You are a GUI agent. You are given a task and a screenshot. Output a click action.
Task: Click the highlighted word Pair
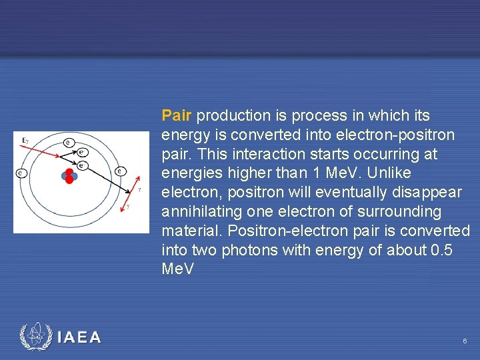177,116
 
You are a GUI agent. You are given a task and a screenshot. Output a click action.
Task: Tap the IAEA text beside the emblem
79,338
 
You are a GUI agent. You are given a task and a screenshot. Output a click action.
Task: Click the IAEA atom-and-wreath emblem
36,337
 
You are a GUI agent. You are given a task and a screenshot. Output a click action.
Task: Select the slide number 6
465,341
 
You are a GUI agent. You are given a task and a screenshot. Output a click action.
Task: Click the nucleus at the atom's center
68,176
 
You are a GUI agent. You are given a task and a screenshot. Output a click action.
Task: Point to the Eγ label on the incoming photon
25,140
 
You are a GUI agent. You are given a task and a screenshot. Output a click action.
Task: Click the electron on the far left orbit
21,173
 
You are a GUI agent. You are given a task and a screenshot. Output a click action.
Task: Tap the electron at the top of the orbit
69,142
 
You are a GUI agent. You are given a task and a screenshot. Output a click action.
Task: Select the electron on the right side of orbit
119,171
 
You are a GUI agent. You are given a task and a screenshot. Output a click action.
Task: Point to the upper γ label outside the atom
139,189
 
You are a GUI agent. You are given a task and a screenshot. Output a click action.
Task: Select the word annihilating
201,212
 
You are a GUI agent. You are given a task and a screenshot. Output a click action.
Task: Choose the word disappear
428,193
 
